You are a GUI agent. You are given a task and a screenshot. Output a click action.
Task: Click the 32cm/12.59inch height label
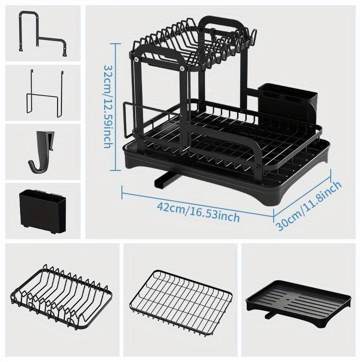coord(108,107)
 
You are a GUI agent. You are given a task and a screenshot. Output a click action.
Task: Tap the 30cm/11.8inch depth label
coord(309,206)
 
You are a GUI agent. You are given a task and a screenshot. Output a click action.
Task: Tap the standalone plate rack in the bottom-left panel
coord(61,297)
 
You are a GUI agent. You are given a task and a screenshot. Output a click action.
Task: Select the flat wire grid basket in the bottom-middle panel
coord(180,300)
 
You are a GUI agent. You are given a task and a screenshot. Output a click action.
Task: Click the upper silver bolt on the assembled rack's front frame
coord(137,60)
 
